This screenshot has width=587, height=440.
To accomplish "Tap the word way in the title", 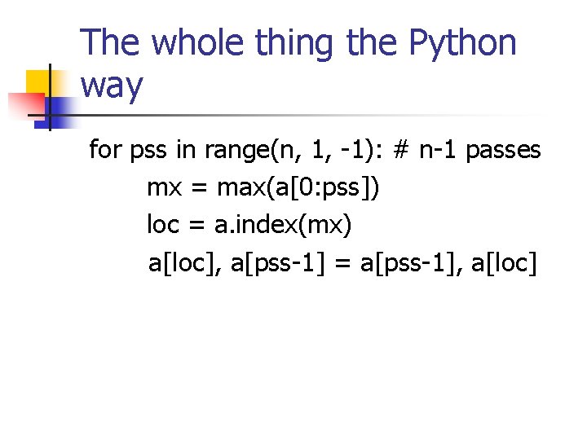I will click(113, 86).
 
